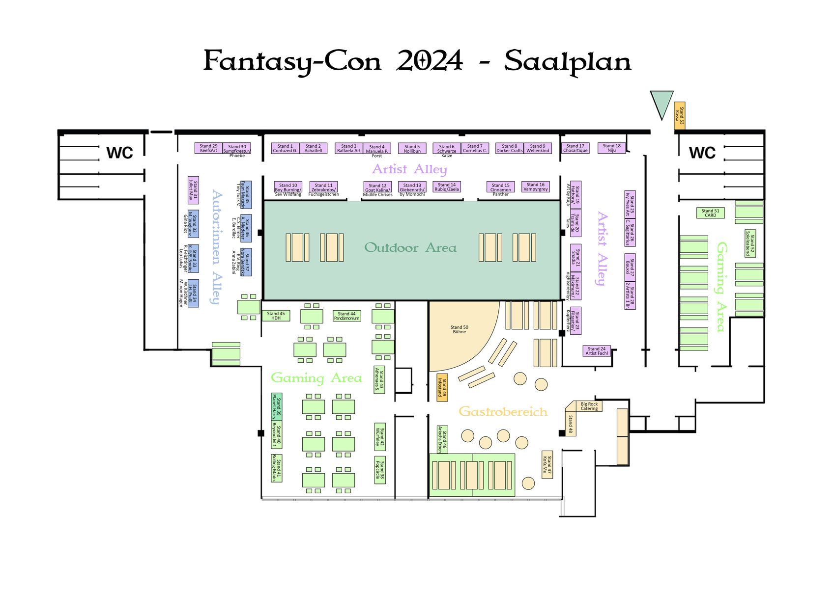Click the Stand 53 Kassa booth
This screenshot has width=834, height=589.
[679, 116]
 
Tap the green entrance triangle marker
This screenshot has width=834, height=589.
[661, 103]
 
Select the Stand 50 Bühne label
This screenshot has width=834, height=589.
[459, 329]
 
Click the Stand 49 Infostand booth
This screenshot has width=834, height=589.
[442, 387]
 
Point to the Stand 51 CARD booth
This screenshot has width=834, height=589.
[710, 213]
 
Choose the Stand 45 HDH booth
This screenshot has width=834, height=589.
[276, 316]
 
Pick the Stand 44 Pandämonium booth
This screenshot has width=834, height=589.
[346, 316]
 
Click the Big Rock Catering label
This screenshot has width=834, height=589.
[589, 406]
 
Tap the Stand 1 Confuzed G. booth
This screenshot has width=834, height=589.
[285, 148]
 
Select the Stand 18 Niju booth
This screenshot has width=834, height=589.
[611, 148]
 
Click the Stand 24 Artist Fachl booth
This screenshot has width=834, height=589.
[597, 351]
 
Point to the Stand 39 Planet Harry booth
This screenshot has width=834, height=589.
[277, 407]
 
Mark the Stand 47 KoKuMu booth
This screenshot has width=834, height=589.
[547, 464]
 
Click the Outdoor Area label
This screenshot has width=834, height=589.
[410, 248]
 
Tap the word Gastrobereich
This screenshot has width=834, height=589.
[503, 411]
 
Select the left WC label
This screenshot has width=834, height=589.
[120, 153]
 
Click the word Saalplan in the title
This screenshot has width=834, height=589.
[567, 62]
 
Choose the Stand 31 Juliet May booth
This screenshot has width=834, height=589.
[193, 190]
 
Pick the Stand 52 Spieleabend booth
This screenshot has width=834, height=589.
[750, 243]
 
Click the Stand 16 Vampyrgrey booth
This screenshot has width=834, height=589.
[535, 187]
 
